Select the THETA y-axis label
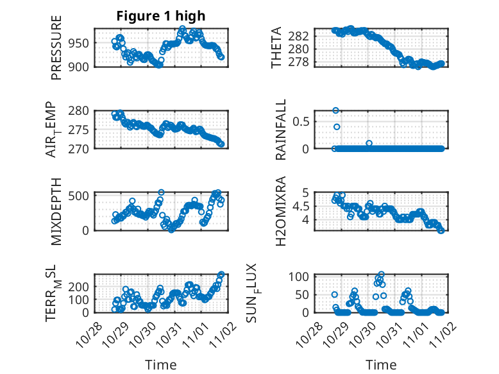point(276,47)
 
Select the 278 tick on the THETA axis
point(302,62)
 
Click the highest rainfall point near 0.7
point(335,110)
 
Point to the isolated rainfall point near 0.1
point(369,143)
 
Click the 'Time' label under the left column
point(161,364)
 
